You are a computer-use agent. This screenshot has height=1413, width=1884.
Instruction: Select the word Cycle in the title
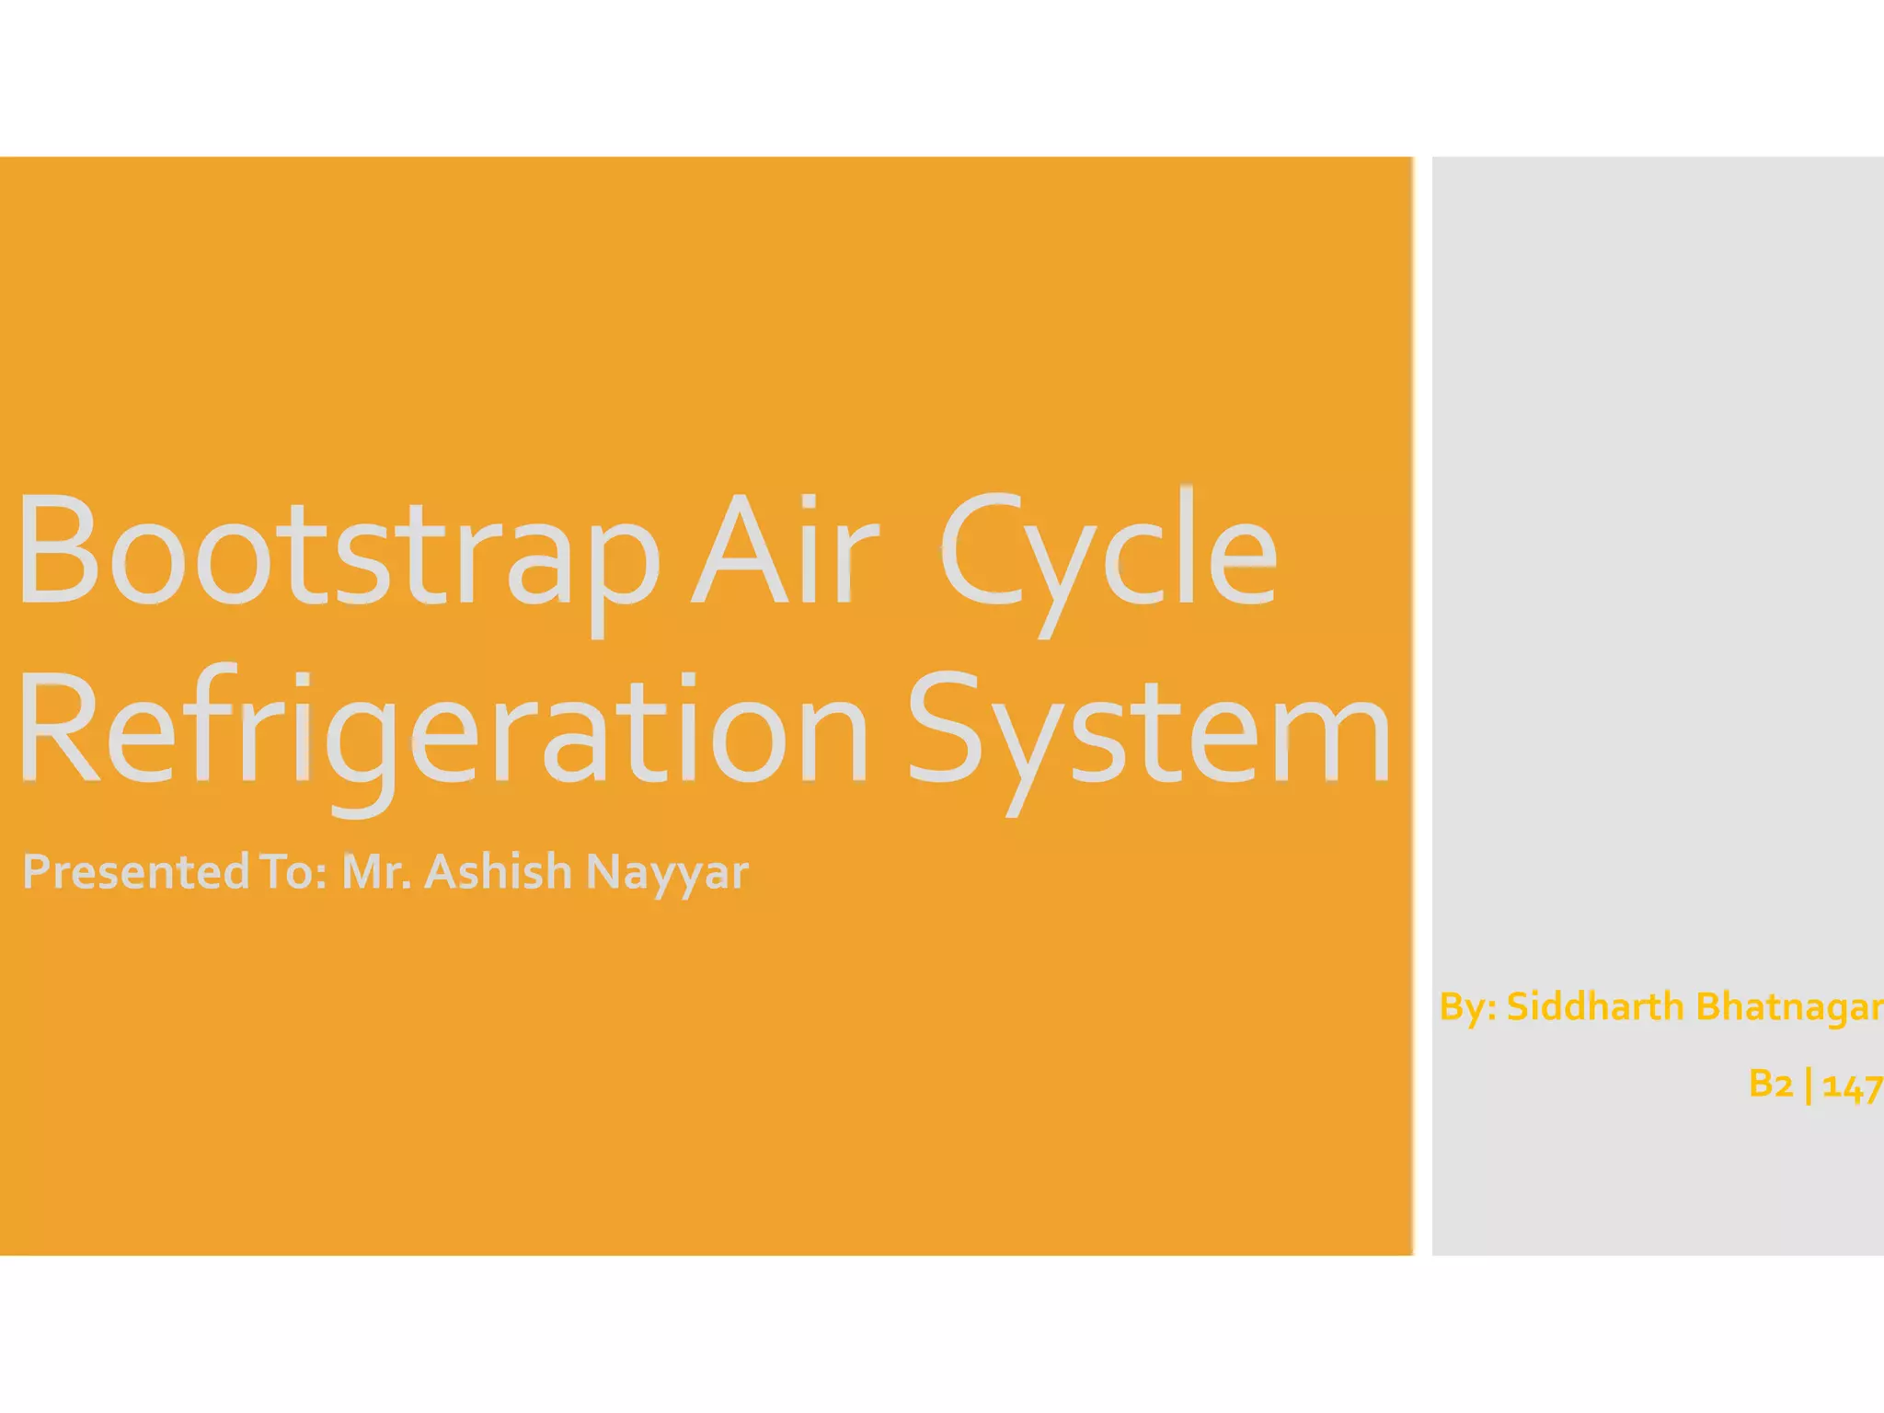click(1108, 552)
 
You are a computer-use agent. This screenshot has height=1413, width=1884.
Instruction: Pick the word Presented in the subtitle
click(134, 871)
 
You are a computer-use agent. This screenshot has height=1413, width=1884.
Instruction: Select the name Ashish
click(498, 871)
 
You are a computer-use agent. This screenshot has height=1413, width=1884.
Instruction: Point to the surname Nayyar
click(667, 871)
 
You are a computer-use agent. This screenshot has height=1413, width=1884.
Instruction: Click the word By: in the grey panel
click(1468, 1007)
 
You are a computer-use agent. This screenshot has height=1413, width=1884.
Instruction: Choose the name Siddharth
click(1594, 1006)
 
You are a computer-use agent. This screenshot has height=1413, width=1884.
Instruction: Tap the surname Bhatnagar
click(1788, 1006)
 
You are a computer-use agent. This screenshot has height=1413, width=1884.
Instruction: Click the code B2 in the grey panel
click(1771, 1084)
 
